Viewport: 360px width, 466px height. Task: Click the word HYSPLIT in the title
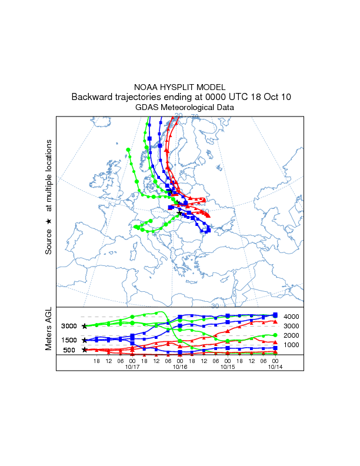tap(180, 87)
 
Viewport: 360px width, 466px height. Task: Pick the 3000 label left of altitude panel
tap(69, 326)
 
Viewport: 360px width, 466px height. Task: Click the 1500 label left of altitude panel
tap(69, 340)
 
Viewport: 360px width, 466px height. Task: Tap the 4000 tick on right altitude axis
tap(292, 317)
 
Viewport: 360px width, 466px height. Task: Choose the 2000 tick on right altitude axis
tap(292, 335)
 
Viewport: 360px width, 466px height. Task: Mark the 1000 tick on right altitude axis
tap(292, 344)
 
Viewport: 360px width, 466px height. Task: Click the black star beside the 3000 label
tap(85, 326)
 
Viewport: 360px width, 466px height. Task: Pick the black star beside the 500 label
tap(85, 350)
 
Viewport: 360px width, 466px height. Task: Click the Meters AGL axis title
tap(49, 330)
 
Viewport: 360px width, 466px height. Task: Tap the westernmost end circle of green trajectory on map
tap(128, 150)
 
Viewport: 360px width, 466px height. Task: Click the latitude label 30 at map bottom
tap(215, 306)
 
